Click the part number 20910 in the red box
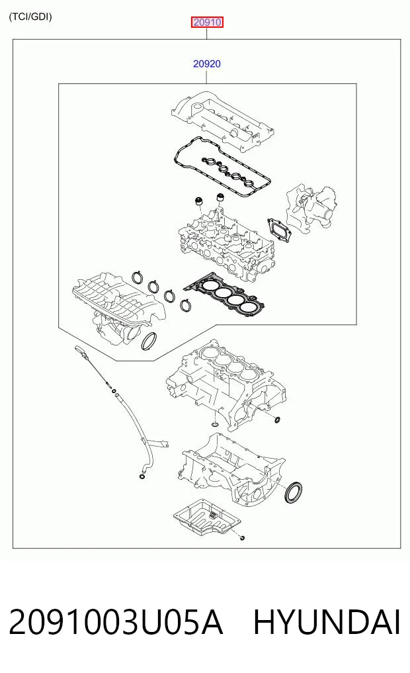[x=207, y=22]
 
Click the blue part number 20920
[x=207, y=64]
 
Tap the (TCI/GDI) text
[x=30, y=17]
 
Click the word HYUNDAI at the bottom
[x=327, y=622]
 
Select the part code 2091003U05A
[x=116, y=622]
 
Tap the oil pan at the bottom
[x=207, y=517]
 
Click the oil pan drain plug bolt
[x=242, y=537]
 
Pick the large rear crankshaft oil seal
[x=294, y=492]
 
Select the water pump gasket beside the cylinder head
[x=279, y=231]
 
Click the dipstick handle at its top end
[x=81, y=349]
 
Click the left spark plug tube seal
[x=198, y=201]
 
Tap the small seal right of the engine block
[x=278, y=419]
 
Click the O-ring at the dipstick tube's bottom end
[x=141, y=476]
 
